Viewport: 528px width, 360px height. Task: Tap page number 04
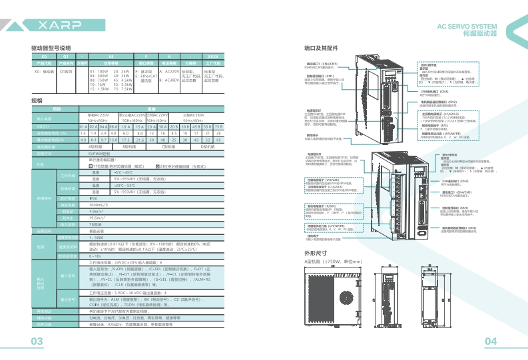click(491, 341)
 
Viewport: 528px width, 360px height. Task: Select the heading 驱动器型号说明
click(51, 49)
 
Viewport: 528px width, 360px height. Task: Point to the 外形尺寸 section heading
click(315, 254)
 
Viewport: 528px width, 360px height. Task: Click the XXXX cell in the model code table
click(213, 57)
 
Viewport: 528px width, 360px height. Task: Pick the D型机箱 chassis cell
click(207, 146)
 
